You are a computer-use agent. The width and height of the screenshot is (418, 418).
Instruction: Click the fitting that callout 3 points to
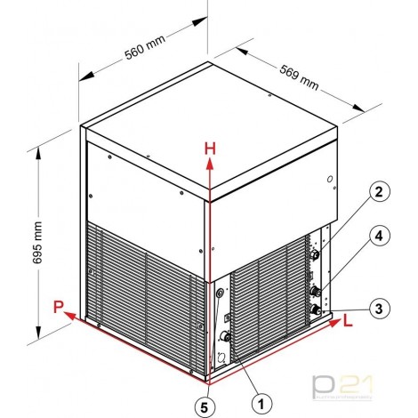coord(316,309)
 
